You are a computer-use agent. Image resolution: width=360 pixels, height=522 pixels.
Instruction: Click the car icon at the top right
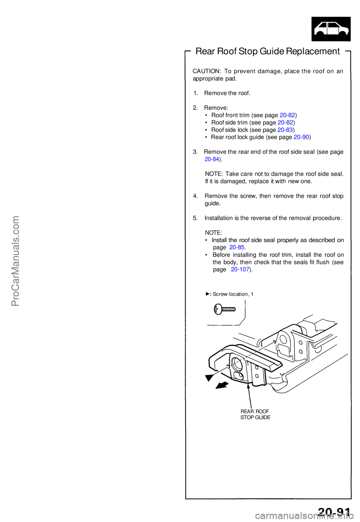331,29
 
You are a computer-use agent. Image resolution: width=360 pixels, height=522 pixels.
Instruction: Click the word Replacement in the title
313,51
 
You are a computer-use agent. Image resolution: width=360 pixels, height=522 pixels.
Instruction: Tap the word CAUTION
206,71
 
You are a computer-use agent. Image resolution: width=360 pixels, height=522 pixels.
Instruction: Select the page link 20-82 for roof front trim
287,115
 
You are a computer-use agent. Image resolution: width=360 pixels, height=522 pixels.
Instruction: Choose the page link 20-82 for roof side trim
285,123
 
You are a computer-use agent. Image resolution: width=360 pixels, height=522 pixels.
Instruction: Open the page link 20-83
285,130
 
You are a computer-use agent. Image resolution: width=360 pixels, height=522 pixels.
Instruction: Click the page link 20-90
301,137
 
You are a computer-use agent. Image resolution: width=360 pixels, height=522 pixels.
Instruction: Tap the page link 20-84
212,159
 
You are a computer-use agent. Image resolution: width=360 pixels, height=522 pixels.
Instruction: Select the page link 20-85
237,247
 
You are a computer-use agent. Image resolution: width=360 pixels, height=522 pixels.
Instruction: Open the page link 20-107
240,270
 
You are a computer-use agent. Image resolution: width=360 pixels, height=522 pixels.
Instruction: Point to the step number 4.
195,196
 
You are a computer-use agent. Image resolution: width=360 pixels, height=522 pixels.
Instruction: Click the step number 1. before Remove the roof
196,93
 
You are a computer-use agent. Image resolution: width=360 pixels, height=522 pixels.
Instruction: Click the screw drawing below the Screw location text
225,309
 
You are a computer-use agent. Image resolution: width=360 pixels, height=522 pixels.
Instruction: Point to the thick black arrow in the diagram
222,385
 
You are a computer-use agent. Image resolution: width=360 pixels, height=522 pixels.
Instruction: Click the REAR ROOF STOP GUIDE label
255,414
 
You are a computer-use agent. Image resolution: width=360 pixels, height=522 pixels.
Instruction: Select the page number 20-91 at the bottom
334,512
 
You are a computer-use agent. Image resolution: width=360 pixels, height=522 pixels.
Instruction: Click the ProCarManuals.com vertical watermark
15,261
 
